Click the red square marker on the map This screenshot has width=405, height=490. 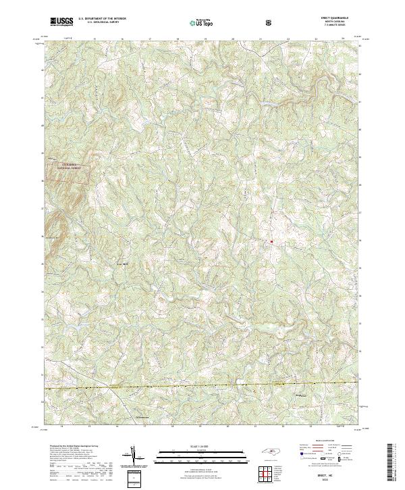point(271,241)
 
